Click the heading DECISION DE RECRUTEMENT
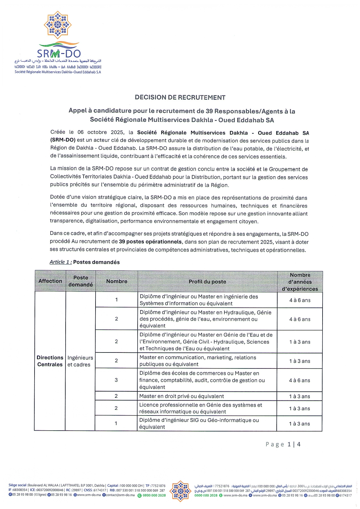coord(180,97)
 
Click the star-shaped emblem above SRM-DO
coord(57,25)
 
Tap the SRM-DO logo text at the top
coord(59,53)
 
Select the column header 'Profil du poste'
coord(207,281)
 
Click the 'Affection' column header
coord(50,281)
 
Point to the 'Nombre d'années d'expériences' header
coord(300,282)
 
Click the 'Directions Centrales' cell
coord(50,361)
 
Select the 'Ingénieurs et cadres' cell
coord(80,361)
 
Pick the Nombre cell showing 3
coord(116,380)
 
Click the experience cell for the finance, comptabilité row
coord(300,380)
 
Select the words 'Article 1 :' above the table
coord(61,262)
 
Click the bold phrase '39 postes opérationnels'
coord(150,242)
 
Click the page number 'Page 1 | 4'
coord(283,444)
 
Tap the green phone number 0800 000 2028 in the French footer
coord(154,495)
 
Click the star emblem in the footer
coord(180,491)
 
